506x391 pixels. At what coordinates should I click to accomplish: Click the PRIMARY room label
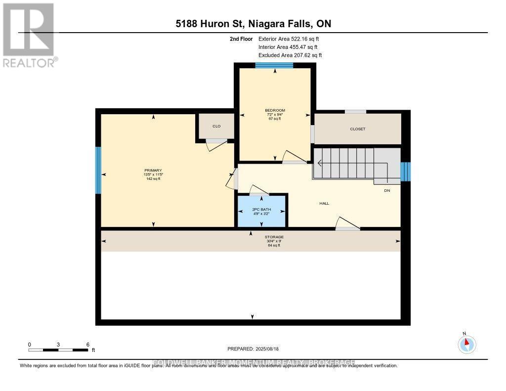(x=153, y=171)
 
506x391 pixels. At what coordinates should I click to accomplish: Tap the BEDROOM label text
(x=275, y=110)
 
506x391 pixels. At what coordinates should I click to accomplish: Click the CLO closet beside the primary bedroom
(x=216, y=126)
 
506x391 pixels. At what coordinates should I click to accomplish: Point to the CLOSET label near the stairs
(x=357, y=129)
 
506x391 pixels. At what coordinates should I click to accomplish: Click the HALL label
(x=324, y=203)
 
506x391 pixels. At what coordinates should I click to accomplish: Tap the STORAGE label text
(x=274, y=237)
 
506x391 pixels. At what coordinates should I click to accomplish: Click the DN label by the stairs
(x=387, y=190)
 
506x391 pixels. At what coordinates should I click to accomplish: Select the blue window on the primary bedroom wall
(x=98, y=171)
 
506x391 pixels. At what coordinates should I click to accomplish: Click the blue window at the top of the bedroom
(x=274, y=65)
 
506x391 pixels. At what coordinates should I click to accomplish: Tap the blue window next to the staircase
(x=405, y=172)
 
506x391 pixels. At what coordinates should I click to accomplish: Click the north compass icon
(x=466, y=344)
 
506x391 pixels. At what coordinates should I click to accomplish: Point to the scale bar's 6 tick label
(x=87, y=344)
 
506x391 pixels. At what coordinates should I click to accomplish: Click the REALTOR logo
(x=30, y=35)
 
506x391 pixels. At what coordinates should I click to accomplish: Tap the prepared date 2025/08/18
(x=253, y=349)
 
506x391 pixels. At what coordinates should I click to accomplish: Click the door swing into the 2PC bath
(x=258, y=190)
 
